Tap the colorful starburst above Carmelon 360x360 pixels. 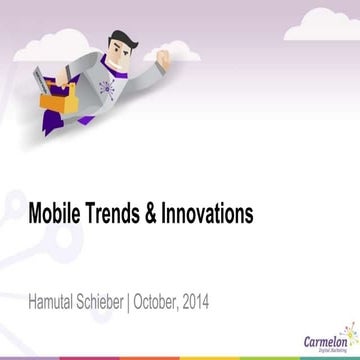tap(349, 329)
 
